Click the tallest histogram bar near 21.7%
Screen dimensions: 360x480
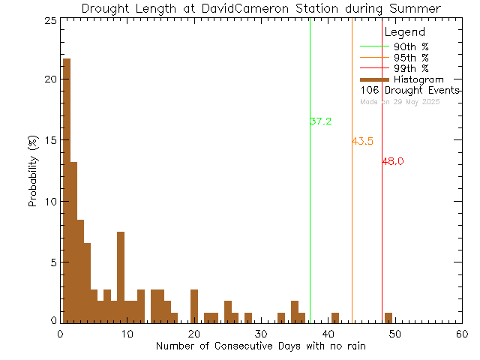pos(67,187)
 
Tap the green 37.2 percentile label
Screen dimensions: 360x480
pos(320,121)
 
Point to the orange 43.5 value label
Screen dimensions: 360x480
pos(362,141)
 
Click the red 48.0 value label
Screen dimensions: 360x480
pos(393,161)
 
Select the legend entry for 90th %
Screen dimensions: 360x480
pos(412,46)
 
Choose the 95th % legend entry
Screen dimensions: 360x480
pos(412,57)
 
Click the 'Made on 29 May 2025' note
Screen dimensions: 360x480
pos(400,101)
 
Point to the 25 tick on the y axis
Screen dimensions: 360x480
pos(50,21)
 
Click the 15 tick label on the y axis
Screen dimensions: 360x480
pos(50,140)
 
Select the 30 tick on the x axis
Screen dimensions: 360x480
pos(260,334)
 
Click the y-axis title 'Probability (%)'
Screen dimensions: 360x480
pos(33,172)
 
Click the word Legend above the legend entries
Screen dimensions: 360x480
pos(404,33)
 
